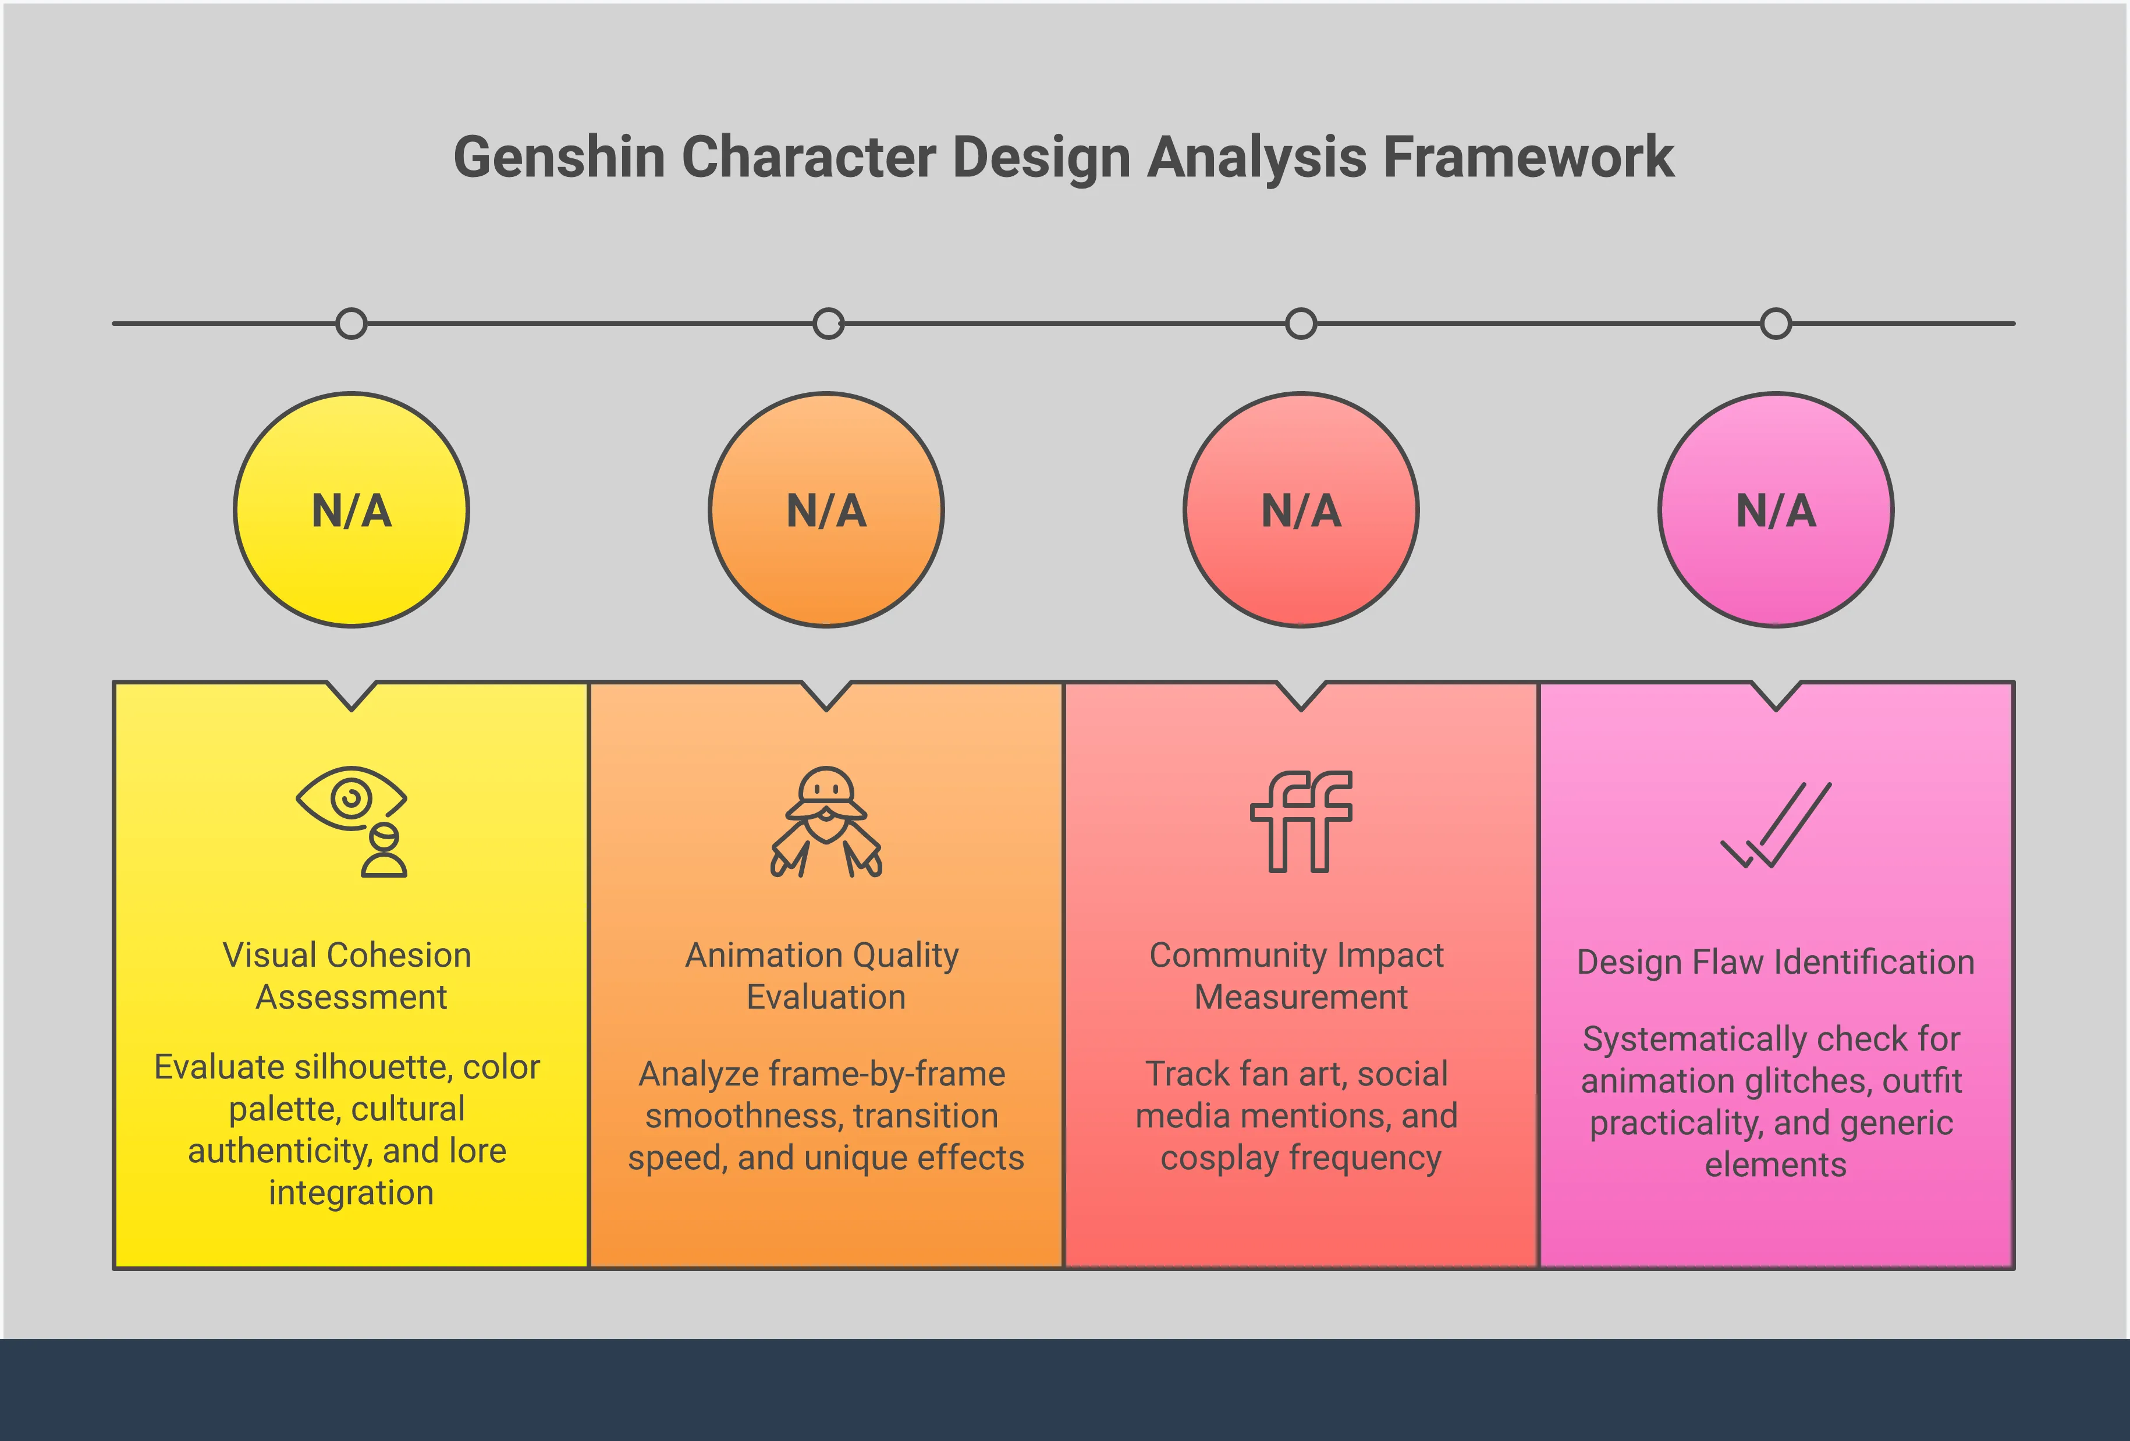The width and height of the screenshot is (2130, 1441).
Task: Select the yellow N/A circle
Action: (351, 510)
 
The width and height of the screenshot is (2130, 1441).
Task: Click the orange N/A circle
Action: (826, 510)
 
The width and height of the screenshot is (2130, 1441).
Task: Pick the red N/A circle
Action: (1301, 510)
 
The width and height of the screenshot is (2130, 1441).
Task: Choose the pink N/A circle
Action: (1776, 510)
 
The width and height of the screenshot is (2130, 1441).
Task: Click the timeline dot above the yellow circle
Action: (351, 324)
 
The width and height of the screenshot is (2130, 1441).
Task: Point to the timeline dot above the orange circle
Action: (828, 324)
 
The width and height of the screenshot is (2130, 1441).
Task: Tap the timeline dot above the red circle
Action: (1301, 324)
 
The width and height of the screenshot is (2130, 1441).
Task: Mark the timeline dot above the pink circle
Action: (1776, 324)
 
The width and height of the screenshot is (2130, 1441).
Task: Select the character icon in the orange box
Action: (826, 821)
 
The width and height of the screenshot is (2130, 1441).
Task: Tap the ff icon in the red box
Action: (1301, 821)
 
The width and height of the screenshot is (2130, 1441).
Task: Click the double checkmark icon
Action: (1776, 825)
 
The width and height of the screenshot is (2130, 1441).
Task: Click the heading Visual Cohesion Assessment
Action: (348, 975)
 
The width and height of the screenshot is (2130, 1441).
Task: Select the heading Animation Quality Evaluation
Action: (823, 975)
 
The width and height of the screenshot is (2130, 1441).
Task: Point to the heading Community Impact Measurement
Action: (1298, 975)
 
